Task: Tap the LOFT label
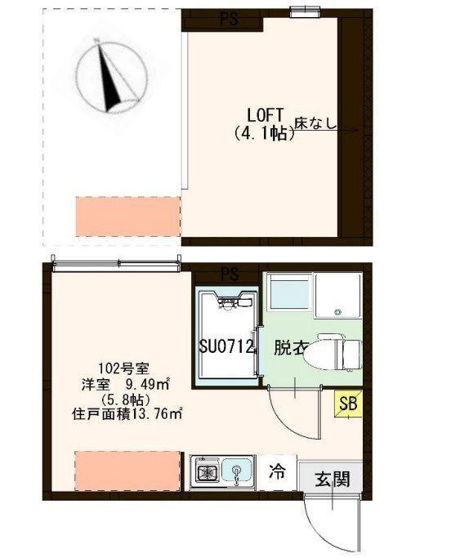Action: point(265,114)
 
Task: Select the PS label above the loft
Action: point(230,20)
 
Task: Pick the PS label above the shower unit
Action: point(230,274)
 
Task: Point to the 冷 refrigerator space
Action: point(278,472)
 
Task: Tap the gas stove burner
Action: point(203,471)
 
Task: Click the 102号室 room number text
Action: point(128,368)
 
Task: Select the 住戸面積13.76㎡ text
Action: point(127,413)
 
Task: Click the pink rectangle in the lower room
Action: point(127,470)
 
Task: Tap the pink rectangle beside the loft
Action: point(127,217)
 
